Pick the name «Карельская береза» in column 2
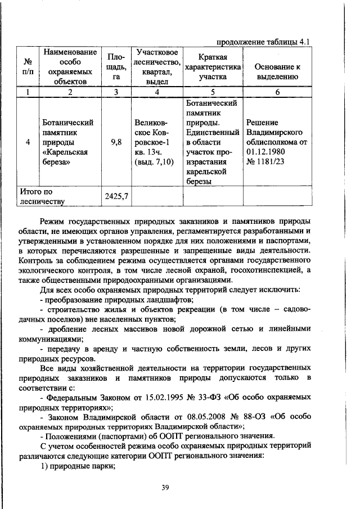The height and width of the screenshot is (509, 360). [67, 158]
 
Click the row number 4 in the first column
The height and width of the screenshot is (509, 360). [28, 143]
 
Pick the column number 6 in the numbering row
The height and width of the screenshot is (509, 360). [277, 93]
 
